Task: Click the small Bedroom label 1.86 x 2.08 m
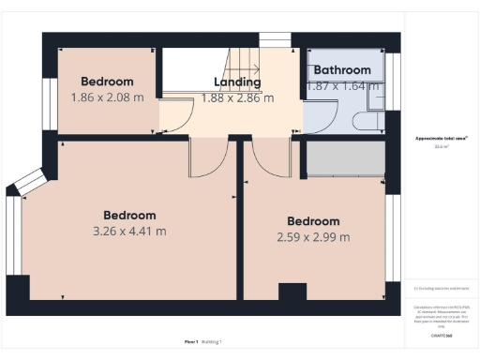pos(107,82)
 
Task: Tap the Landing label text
pos(237,82)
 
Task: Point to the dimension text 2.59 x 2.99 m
pos(314,237)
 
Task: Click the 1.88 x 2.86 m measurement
pos(237,97)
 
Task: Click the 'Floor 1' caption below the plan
pos(191,342)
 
